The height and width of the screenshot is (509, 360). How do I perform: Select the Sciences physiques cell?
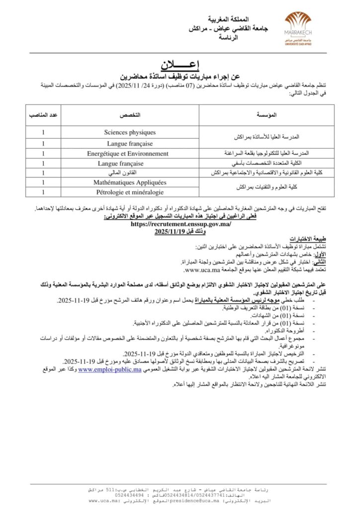tap(130, 133)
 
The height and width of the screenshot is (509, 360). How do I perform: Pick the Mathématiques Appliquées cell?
tap(130, 182)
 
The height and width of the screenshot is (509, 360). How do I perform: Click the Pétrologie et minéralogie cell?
tap(130, 192)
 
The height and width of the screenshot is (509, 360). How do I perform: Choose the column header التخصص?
tap(130, 115)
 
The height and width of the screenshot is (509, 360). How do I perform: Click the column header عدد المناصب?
tap(44, 115)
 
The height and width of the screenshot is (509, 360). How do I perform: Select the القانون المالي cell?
tap(130, 172)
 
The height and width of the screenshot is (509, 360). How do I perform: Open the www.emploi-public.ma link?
tap(109, 370)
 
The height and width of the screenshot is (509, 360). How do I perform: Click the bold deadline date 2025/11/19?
tap(171, 232)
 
